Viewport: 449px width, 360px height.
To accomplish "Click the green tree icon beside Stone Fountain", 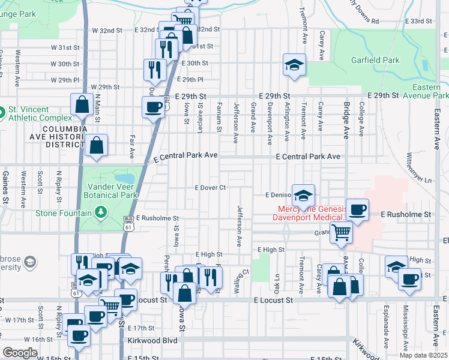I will click(x=101, y=212).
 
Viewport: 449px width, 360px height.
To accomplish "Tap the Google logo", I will click(x=20, y=353).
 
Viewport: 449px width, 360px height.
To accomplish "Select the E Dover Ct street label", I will click(x=210, y=187).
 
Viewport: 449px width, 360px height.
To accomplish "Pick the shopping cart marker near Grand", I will click(x=342, y=232).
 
